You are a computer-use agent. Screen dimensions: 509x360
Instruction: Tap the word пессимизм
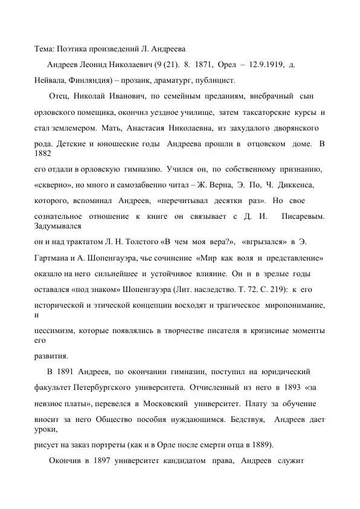[x=54, y=331]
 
